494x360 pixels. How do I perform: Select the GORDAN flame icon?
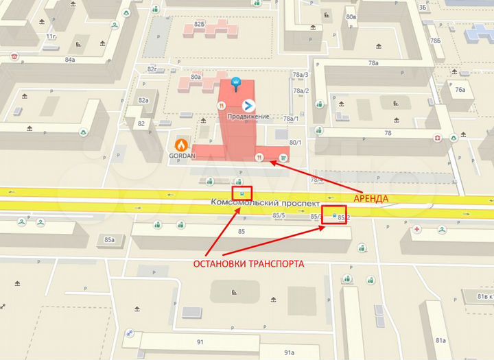181,145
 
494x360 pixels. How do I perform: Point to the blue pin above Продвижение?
236,83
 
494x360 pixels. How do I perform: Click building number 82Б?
200,24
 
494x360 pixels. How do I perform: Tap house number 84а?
69,60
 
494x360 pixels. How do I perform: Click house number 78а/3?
301,75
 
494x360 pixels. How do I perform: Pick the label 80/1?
296,143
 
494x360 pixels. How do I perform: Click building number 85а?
109,239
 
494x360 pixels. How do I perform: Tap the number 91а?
289,352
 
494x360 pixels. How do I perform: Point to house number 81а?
441,339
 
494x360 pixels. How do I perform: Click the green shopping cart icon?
282,157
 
